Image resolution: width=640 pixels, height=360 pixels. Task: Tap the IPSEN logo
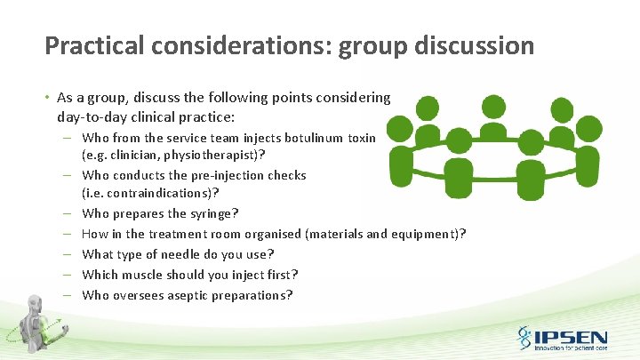pos(562,338)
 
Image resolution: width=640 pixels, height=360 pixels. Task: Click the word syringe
pos(210,213)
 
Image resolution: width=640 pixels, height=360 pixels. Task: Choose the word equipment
pos(420,234)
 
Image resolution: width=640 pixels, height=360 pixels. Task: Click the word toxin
pos(361,138)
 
